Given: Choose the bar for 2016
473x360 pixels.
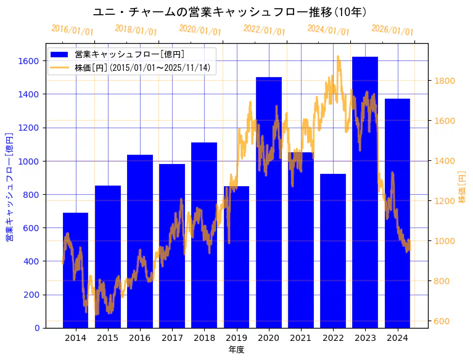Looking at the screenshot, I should (x=139, y=241).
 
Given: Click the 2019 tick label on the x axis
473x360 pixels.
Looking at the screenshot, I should (x=236, y=338).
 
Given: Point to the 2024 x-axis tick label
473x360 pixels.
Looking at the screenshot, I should (x=397, y=338).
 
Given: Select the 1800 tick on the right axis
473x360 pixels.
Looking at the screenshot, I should (x=445, y=81).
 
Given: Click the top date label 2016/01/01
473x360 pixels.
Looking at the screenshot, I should (x=72, y=30).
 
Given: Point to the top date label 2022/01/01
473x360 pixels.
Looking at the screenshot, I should (x=265, y=30).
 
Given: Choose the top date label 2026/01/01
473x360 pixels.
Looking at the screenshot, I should (x=393, y=30).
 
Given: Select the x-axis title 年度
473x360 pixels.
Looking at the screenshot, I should (x=236, y=350).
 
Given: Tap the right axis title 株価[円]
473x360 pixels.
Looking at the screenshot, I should (x=462, y=187).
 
